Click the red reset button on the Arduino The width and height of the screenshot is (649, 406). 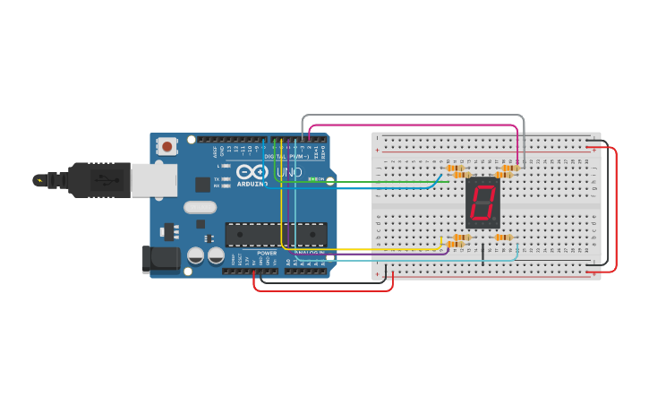click(167, 146)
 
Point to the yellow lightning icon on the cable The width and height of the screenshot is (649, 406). click(38, 180)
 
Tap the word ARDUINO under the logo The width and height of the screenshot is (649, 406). click(253, 184)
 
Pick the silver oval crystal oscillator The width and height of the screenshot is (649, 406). click(201, 208)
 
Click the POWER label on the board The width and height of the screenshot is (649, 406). click(267, 253)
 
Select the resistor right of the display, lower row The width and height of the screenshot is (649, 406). click(503, 238)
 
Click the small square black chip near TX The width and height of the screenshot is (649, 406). click(202, 184)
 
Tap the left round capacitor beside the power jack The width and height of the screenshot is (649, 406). click(195, 255)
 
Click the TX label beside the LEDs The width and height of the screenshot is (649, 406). click(218, 178)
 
